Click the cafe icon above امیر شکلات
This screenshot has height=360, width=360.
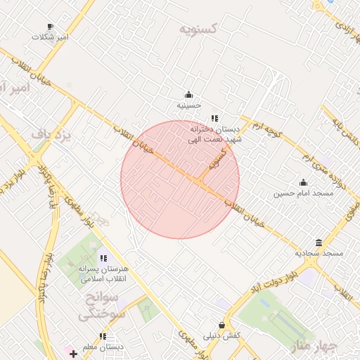(50, 26)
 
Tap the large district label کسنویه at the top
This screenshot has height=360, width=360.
(198, 30)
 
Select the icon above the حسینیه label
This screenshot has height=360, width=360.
(188, 95)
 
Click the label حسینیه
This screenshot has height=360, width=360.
(188, 105)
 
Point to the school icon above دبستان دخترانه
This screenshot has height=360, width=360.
(214, 119)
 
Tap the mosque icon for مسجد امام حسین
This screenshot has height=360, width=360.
(303, 183)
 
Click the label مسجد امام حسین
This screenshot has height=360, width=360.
(303, 193)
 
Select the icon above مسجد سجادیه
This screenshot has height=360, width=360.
(319, 243)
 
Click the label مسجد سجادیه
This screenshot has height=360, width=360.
(319, 252)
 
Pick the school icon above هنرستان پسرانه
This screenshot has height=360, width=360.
(103, 259)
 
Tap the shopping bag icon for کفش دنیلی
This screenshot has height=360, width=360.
(222, 326)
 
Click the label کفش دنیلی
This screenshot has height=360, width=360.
(222, 335)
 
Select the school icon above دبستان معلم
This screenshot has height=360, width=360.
(103, 337)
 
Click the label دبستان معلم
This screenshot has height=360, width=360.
(103, 347)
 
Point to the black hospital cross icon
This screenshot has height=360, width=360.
(73, 353)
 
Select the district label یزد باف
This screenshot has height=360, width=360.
(53, 134)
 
